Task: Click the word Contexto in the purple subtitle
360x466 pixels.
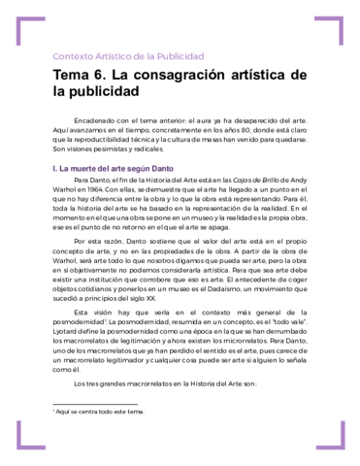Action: pos(74,55)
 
